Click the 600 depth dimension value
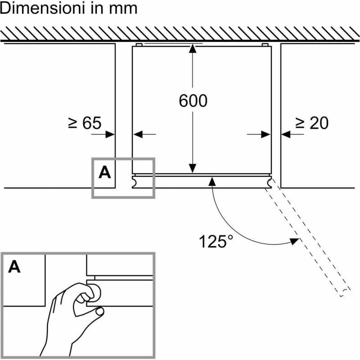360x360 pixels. pos(193,101)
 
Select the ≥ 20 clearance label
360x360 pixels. pos(312,123)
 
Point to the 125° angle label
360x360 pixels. pos(216,242)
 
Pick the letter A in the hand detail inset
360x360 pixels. pos(14,267)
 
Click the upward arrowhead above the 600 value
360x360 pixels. pos(193,49)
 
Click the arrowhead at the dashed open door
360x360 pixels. pos(294,241)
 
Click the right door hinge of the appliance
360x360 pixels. pos(269,182)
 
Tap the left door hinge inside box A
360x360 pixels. pos(135,182)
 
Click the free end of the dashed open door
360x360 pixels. pos(344,292)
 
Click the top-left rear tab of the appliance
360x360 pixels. pos(139,45)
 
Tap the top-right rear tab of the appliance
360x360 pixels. pos(265,45)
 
